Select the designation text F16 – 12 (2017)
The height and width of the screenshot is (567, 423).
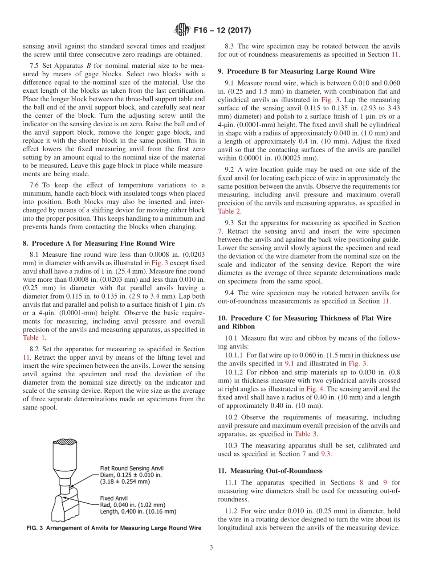point(222,31)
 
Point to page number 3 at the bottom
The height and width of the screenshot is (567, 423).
point(211,547)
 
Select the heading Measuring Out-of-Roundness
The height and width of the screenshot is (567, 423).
point(276,471)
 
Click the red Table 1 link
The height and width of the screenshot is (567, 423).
point(34,338)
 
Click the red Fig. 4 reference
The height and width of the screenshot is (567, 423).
point(314,389)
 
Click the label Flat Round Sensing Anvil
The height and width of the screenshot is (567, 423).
point(131,468)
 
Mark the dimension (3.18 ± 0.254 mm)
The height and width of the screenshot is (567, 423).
point(125,481)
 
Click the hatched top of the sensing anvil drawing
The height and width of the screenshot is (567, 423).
point(65,442)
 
